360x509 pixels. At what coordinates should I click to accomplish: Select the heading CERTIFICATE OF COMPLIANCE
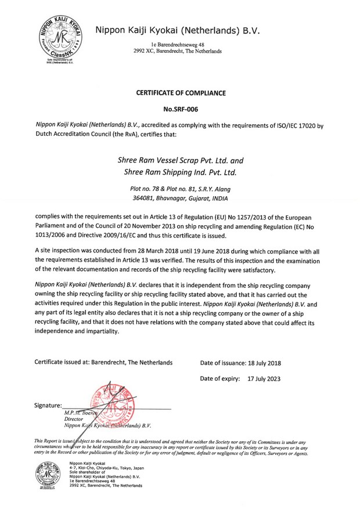click(x=180, y=93)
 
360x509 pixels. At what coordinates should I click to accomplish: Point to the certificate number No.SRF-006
click(x=180, y=109)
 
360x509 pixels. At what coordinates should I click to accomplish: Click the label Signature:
click(x=48, y=405)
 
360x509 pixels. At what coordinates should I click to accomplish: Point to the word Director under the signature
click(x=74, y=418)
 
